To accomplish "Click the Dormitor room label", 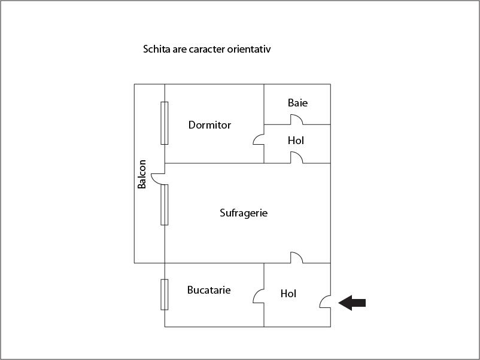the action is (x=209, y=125).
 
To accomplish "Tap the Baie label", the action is (x=297, y=103).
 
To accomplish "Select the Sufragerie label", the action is (x=244, y=213).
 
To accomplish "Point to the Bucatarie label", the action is (x=209, y=290).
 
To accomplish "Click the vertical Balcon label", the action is (x=141, y=174).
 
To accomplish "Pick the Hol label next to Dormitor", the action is (x=296, y=141).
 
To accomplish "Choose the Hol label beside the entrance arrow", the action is (x=288, y=294).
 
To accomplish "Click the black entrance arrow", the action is (x=352, y=303).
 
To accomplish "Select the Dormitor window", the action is (x=165, y=123).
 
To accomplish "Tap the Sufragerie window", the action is (x=165, y=205).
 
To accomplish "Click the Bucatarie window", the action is (x=165, y=295).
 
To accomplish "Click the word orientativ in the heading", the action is (x=249, y=49).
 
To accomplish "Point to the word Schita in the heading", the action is (x=157, y=49).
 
